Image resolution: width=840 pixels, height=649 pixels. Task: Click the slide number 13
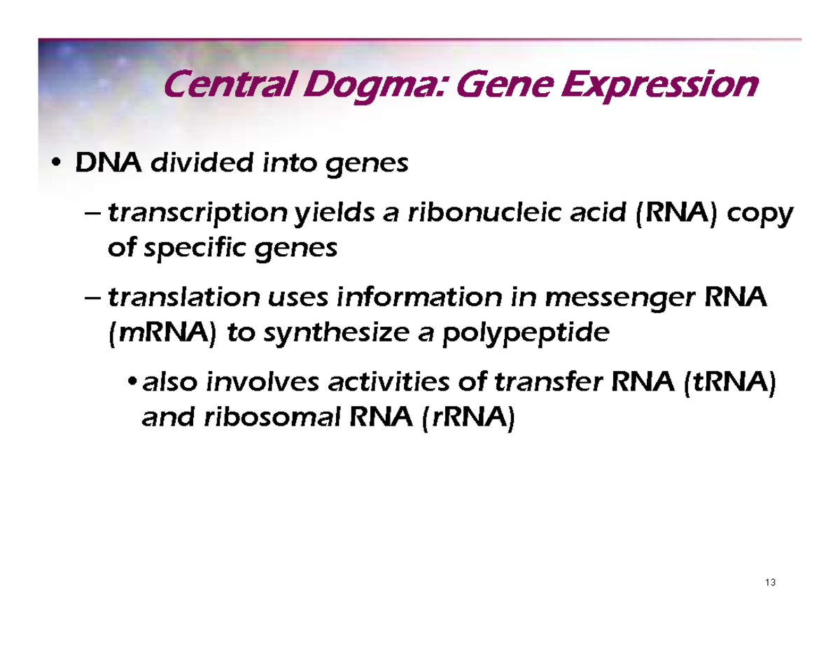771,583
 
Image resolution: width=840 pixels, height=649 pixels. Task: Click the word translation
183,298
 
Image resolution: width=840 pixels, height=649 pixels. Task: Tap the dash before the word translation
92,298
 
